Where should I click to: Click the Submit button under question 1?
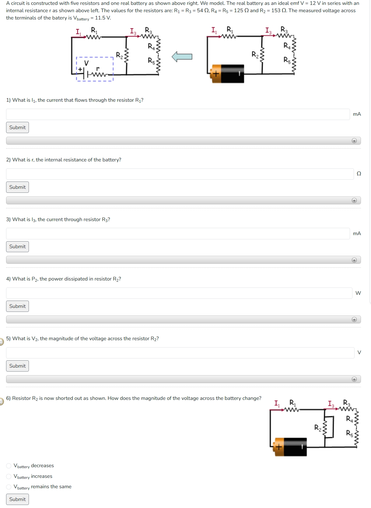click(x=17, y=127)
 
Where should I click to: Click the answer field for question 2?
click(x=180, y=174)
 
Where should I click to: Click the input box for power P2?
click(x=179, y=293)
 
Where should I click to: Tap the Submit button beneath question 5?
click(x=17, y=366)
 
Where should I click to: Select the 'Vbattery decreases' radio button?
click(x=9, y=466)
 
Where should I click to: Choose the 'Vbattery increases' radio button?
click(x=9, y=476)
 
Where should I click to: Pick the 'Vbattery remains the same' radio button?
click(x=9, y=487)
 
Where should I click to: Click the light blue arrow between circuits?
click(x=182, y=57)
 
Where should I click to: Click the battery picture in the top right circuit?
click(x=228, y=73)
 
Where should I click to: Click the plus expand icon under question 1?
click(x=354, y=141)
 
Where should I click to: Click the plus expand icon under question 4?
click(x=354, y=319)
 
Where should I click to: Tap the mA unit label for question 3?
click(x=357, y=234)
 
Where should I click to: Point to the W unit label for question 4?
click(x=358, y=293)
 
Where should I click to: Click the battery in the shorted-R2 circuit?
click(x=291, y=447)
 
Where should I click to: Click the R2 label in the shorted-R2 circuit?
click(x=317, y=428)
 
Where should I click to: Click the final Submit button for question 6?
click(x=17, y=499)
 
